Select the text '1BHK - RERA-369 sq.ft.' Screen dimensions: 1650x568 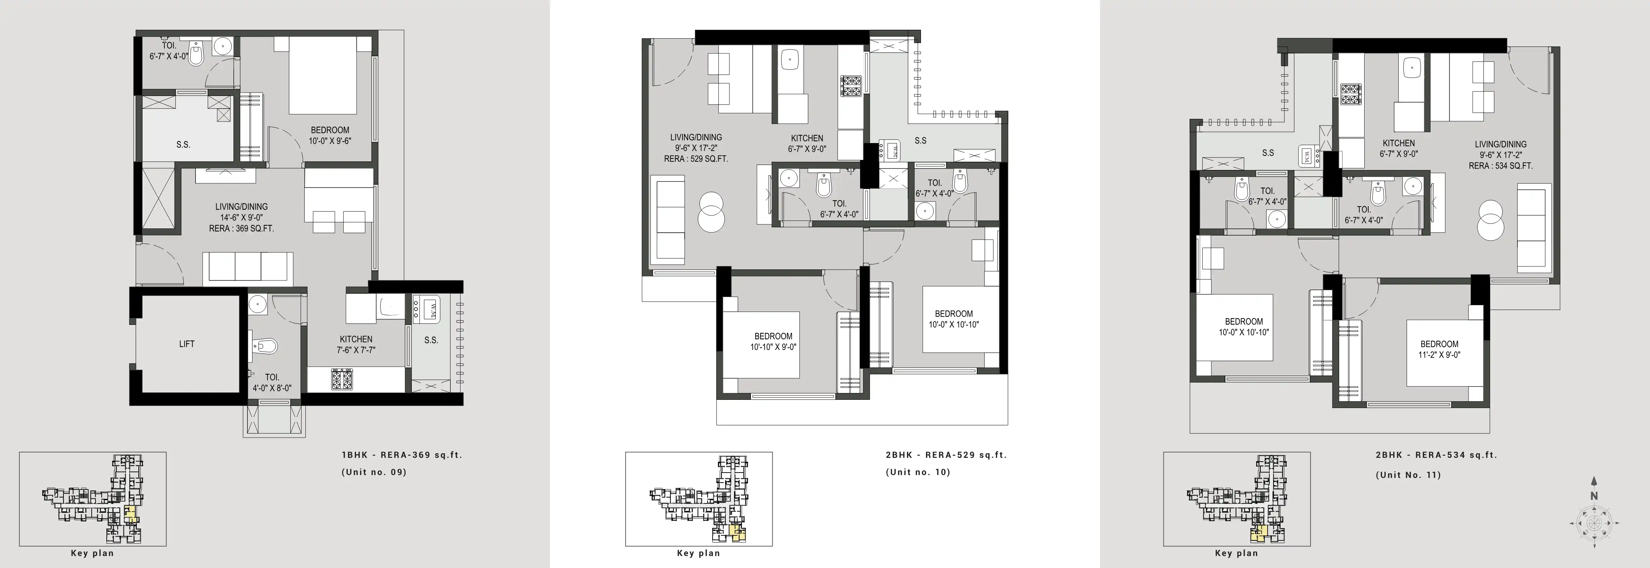(x=402, y=455)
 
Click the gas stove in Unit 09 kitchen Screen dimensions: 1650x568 (x=341, y=379)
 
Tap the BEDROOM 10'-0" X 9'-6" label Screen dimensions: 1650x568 (x=330, y=135)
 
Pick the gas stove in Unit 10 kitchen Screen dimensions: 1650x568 (x=851, y=86)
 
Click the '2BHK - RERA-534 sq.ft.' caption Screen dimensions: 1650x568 (x=1436, y=455)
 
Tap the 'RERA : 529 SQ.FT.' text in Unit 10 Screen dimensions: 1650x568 (x=696, y=159)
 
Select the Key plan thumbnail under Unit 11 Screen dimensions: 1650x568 (x=1236, y=499)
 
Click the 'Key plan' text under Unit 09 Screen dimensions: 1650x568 (x=92, y=553)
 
